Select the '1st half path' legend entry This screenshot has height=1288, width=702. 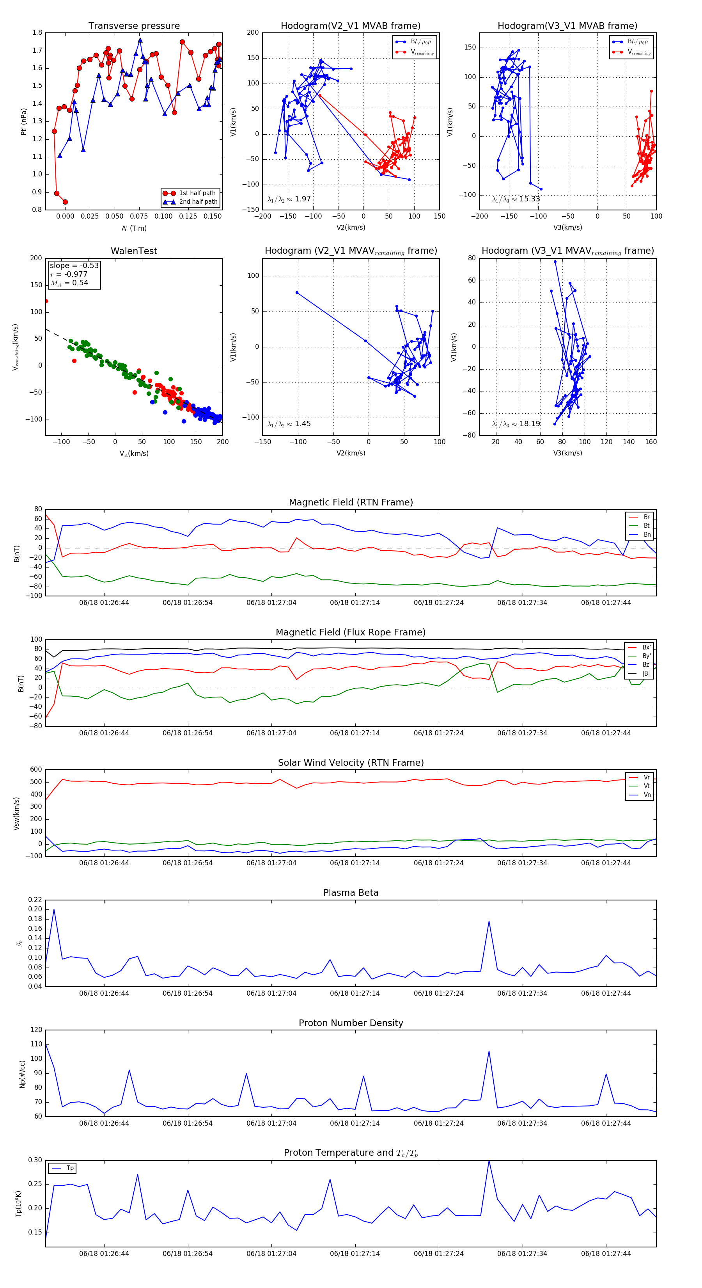click(197, 193)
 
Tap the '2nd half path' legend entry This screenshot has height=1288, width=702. click(198, 201)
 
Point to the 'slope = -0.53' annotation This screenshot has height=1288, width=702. click(74, 265)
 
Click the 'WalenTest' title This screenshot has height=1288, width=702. click(134, 251)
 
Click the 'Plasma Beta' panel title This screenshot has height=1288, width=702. click(351, 893)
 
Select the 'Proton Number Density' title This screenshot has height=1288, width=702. click(351, 1023)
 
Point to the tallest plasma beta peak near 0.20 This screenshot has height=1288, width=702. click(54, 909)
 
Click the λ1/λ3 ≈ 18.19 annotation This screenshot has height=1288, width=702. click(516, 424)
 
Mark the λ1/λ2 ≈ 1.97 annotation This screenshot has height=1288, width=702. click(289, 199)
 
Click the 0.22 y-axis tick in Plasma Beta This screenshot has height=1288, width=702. click(35, 900)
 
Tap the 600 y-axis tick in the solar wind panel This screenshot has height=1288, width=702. click(36, 770)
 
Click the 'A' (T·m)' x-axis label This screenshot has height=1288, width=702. click(134, 228)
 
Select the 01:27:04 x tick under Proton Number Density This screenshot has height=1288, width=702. click(271, 1123)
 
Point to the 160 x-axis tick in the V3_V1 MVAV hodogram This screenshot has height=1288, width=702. click(651, 441)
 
